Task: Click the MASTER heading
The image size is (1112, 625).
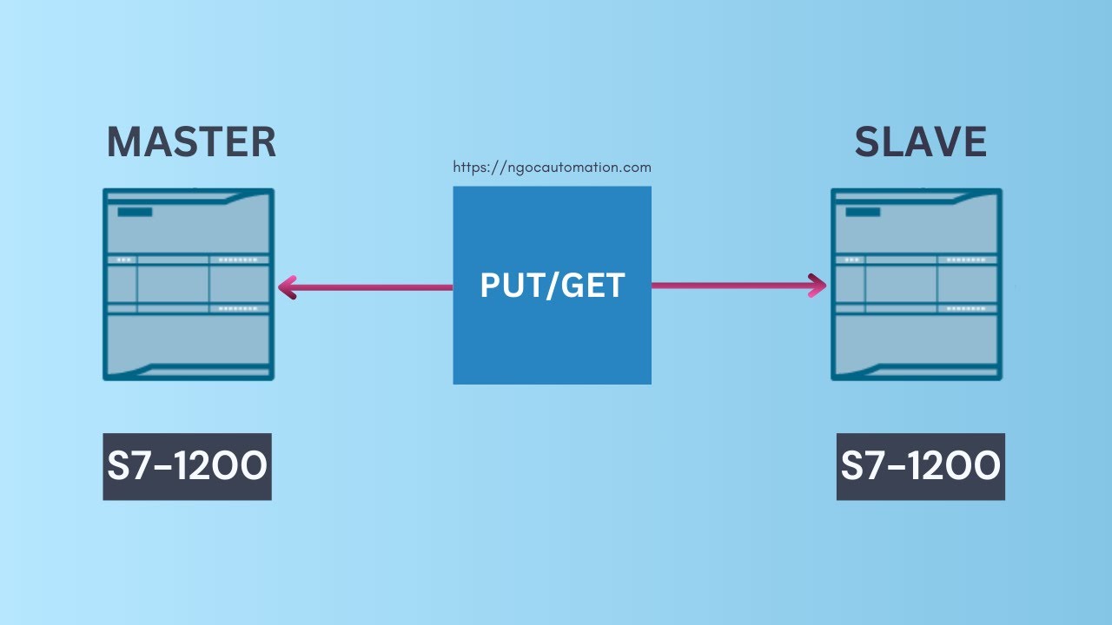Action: tap(191, 142)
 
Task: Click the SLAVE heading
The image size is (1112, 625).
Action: tap(920, 142)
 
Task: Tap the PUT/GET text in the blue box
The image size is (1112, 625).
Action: tap(553, 286)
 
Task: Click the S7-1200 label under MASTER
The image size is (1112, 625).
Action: tap(188, 467)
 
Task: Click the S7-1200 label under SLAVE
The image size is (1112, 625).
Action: tap(921, 467)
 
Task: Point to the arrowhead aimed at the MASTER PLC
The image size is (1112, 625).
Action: tap(288, 286)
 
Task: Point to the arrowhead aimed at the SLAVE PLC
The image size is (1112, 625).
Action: tap(817, 286)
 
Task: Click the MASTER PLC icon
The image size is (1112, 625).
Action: tap(189, 285)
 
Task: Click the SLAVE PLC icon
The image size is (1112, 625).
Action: tap(917, 285)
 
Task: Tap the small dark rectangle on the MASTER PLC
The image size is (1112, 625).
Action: tap(135, 212)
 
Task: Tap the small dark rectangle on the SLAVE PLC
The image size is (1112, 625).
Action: tap(863, 212)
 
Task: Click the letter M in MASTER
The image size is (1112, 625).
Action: tap(124, 142)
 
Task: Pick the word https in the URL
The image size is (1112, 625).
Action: tap(471, 168)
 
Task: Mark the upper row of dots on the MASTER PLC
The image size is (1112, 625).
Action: tap(239, 260)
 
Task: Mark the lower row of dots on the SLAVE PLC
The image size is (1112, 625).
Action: tap(967, 308)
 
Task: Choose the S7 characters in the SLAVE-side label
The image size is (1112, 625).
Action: tap(859, 467)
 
